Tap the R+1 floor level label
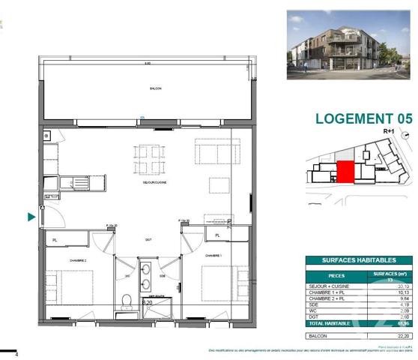click(389, 130)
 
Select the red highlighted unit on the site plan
click(345, 172)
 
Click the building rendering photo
click(349, 44)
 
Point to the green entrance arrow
click(31, 217)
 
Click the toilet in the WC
click(127, 301)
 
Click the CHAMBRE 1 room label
click(213, 255)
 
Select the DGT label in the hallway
click(148, 239)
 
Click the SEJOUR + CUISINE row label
click(330, 286)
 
